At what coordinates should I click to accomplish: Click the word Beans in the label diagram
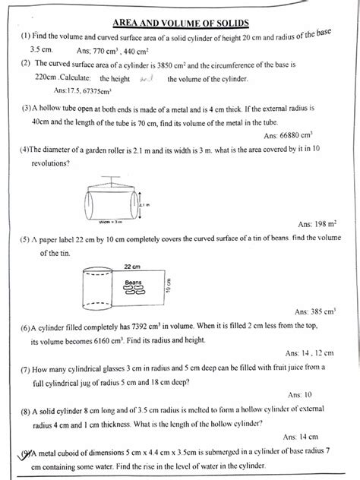pyautogui.click(x=134, y=281)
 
